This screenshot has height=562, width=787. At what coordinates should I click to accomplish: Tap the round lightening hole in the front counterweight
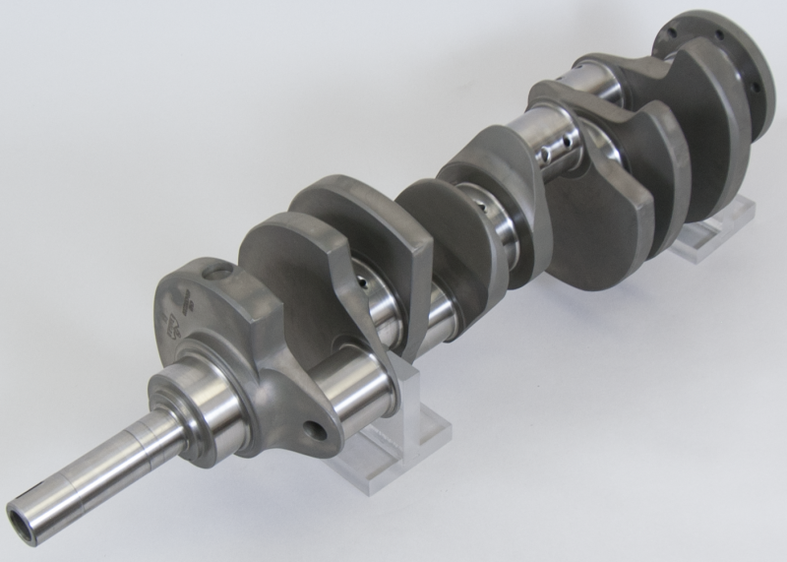[x=314, y=430]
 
